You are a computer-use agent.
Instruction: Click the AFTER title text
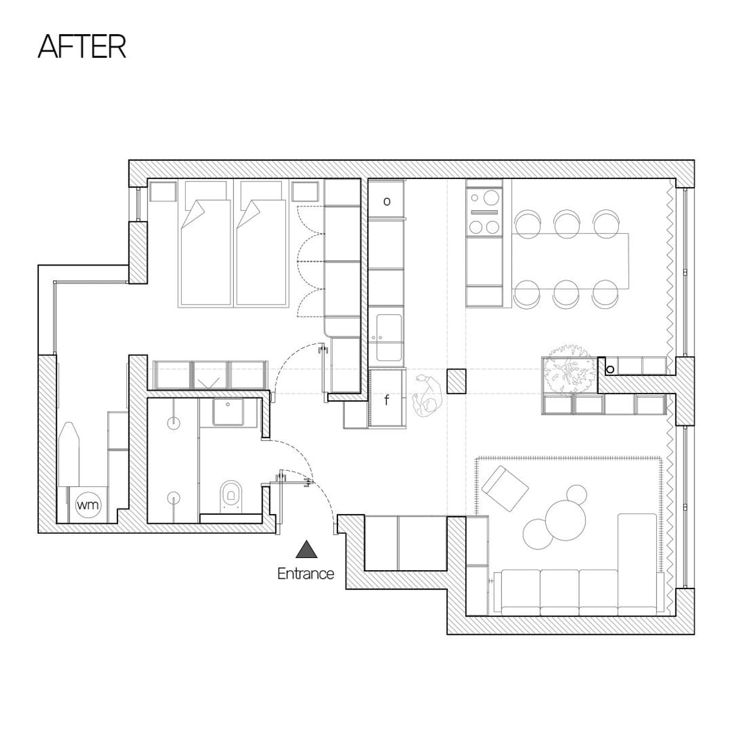82,47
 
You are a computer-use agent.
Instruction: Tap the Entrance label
306,573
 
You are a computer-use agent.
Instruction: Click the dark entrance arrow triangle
306,549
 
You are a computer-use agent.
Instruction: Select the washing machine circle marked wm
89,505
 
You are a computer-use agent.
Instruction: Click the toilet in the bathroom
231,493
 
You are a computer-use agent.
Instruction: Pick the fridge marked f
387,400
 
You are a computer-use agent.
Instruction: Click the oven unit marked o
386,200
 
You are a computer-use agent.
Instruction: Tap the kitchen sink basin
389,337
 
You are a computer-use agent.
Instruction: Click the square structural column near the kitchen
456,381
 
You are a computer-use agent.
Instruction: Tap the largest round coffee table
565,520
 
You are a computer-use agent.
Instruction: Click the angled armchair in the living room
505,489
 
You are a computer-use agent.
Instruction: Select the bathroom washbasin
228,412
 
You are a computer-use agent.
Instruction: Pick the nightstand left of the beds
163,191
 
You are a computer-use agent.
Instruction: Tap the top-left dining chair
528,225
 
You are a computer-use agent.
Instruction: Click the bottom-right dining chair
606,293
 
